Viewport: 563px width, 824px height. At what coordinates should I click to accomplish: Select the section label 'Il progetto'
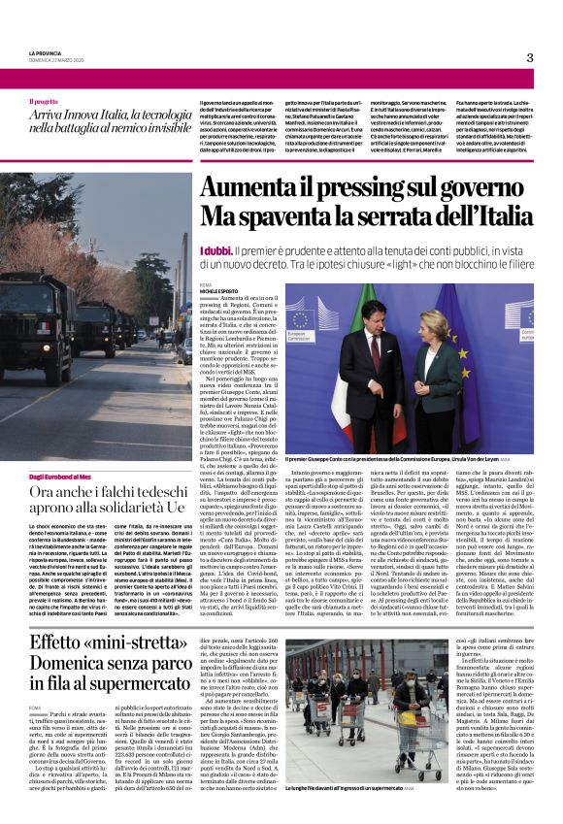43,101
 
